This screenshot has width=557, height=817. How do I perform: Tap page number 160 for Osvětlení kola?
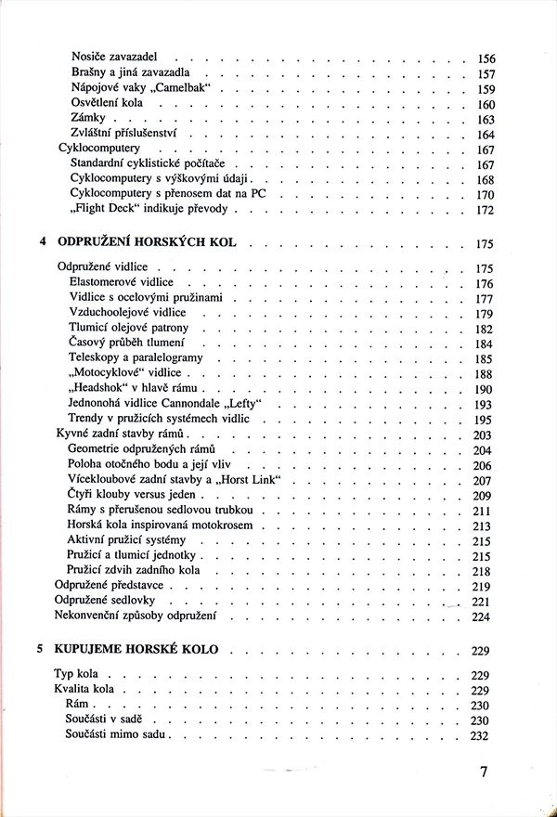(486, 105)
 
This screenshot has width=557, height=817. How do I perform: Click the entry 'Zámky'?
(86, 120)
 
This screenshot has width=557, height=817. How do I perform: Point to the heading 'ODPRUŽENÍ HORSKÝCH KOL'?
(147, 243)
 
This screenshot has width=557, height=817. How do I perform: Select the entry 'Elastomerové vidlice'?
(121, 283)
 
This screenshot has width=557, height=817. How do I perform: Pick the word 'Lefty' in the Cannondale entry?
(237, 404)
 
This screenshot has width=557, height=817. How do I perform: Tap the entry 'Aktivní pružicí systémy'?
(127, 540)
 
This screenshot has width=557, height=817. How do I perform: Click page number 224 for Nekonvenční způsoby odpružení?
(483, 616)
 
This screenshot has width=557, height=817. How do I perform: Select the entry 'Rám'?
(80, 706)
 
